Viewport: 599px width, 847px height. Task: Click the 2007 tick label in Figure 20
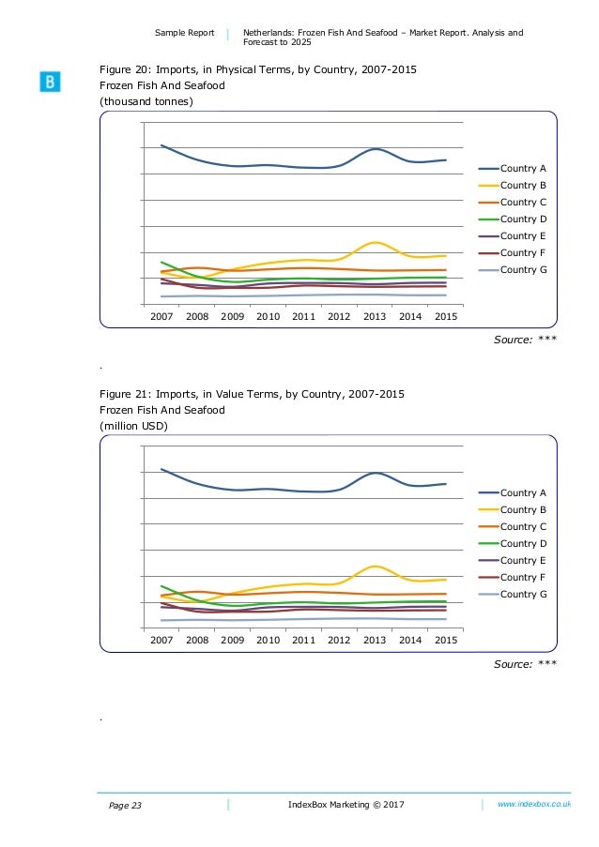coord(161,317)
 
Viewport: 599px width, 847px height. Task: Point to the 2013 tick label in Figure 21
coord(375,641)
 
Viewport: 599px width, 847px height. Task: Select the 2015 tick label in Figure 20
coord(446,317)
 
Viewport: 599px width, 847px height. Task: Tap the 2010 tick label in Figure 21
coord(269,641)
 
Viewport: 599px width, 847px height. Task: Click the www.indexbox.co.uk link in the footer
coord(535,805)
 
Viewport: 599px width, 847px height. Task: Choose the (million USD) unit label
coord(136,426)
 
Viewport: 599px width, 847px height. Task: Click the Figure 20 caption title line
coord(259,69)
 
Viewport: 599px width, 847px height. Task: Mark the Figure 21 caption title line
coord(253,393)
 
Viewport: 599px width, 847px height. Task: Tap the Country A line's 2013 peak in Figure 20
coord(375,149)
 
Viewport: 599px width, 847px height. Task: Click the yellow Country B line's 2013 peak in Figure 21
coord(375,567)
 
